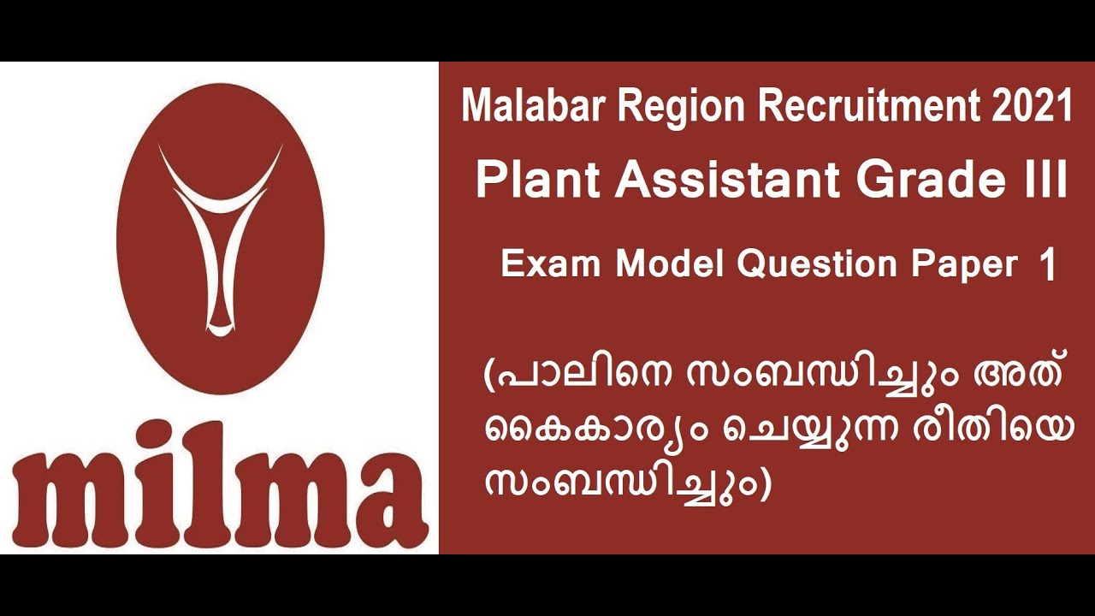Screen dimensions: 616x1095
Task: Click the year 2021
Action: click(1033, 107)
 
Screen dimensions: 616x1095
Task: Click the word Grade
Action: click(927, 181)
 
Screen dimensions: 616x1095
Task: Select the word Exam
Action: click(551, 265)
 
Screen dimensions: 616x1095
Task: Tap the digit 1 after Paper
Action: click(1047, 266)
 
